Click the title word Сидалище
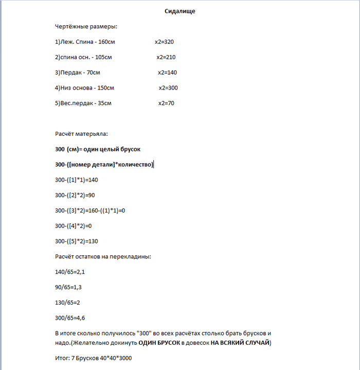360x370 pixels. coord(180,11)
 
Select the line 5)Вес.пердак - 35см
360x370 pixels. coord(83,103)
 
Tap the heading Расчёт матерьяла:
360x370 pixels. coord(81,134)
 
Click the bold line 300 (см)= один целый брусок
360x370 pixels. coord(98,149)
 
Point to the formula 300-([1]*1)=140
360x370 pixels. coord(76,180)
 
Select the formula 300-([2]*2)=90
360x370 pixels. coord(75,195)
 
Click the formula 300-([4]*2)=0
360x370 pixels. coord(73,225)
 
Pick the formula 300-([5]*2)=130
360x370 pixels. coord(76,241)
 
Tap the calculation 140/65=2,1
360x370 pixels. coord(69,271)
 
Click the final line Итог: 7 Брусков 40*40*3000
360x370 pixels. coord(93,358)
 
